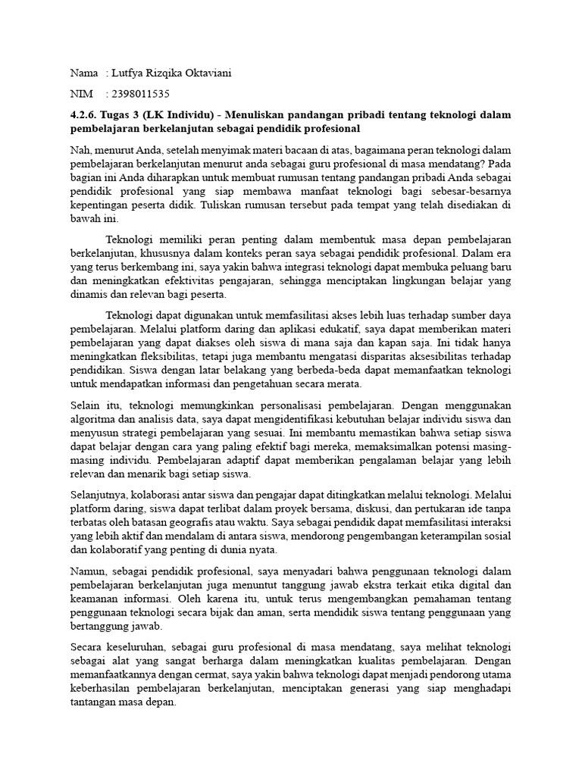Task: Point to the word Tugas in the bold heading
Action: click(120, 114)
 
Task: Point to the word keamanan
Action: click(95, 599)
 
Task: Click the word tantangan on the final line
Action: click(96, 702)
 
